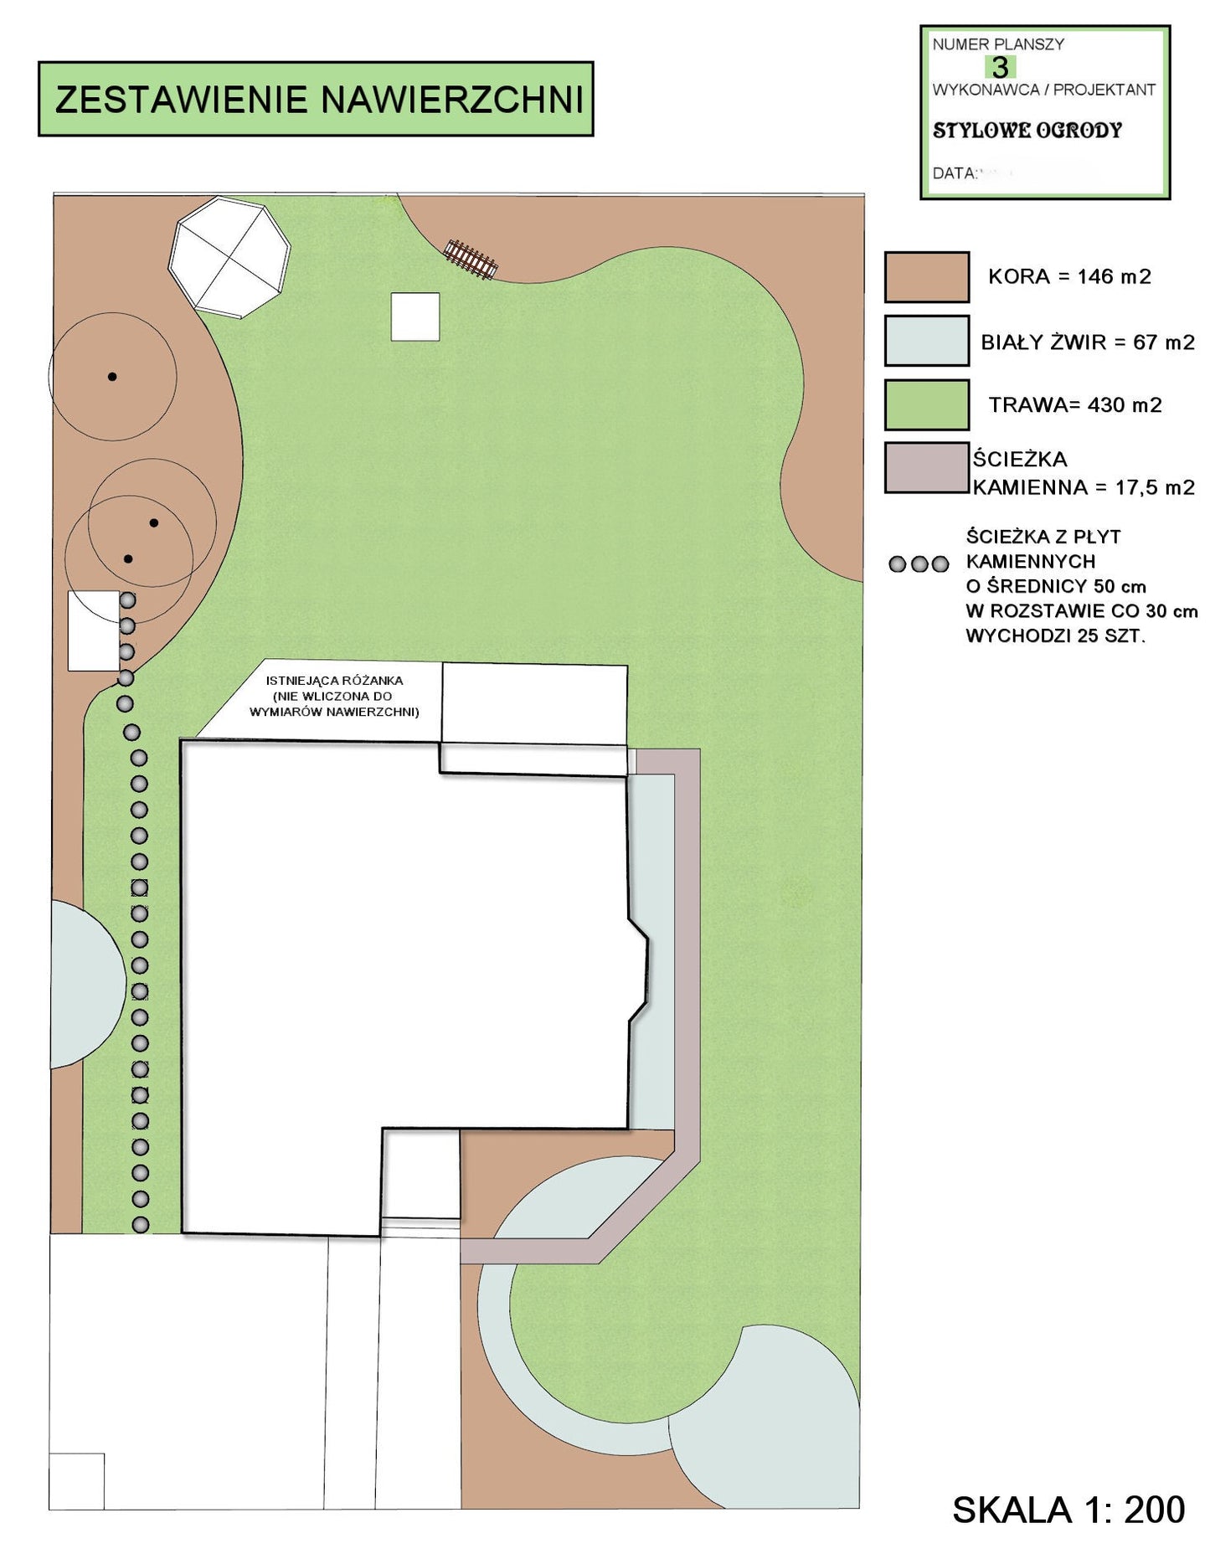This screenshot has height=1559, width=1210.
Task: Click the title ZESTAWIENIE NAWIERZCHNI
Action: pos(318,100)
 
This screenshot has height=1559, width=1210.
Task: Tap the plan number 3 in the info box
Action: pos(999,67)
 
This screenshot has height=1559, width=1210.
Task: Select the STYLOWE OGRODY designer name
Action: pos(1027,131)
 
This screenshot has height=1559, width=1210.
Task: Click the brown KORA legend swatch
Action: pos(927,277)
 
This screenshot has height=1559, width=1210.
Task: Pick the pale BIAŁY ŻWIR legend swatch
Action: pos(927,341)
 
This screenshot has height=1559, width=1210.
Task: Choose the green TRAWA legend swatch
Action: pos(927,404)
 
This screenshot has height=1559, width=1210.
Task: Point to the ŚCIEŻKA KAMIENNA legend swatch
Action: pos(927,468)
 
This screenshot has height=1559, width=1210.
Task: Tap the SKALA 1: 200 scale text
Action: pos(1068,1510)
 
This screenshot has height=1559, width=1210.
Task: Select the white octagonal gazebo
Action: pos(229,257)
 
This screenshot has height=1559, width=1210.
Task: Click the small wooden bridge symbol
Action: pos(471,259)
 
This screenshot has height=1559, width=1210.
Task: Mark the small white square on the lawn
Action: pos(415,316)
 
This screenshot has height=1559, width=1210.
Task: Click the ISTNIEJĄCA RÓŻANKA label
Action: pos(334,681)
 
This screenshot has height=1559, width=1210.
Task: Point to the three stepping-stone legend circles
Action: pos(919,564)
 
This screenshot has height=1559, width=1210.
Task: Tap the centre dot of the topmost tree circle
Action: pos(112,377)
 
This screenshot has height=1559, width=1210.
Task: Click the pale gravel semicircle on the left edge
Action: pos(88,984)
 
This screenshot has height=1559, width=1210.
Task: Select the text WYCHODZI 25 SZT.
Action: pos(1055,636)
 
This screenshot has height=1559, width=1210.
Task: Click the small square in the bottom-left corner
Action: pos(76,1481)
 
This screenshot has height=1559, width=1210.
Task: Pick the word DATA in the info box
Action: pos(954,174)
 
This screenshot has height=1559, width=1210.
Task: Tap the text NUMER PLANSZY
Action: pos(998,44)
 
